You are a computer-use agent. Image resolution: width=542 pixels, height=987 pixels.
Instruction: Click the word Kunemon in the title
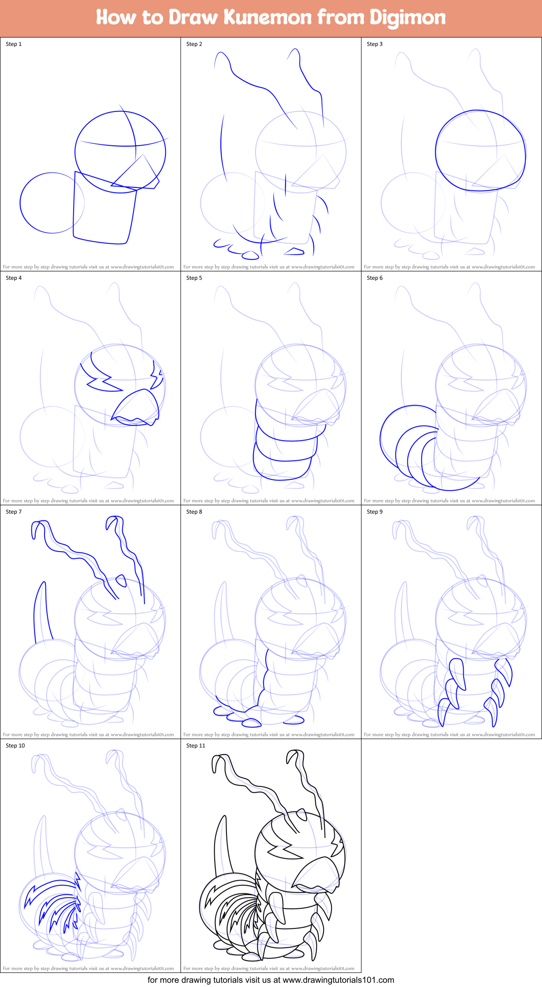tap(268, 17)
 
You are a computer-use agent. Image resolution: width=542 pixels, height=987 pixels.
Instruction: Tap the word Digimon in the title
tap(407, 17)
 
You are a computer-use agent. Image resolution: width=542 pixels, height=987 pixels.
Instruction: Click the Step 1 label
tap(14, 44)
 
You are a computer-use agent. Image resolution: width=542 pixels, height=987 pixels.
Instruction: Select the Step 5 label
tap(194, 278)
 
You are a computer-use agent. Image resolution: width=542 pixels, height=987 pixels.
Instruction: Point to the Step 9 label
tap(375, 512)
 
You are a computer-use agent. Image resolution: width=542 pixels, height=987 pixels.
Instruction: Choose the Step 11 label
tap(196, 746)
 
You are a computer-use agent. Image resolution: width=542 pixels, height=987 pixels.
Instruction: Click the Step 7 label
tap(14, 512)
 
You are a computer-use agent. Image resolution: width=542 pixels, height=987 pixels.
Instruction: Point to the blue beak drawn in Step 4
tap(138, 406)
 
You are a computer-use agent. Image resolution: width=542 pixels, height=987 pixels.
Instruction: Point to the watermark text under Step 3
tap(449, 267)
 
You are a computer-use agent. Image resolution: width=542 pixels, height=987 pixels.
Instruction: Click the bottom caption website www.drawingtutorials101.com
tap(338, 980)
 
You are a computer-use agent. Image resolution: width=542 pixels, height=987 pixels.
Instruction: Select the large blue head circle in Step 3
tap(480, 151)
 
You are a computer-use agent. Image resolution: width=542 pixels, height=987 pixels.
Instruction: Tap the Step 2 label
tap(194, 44)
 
